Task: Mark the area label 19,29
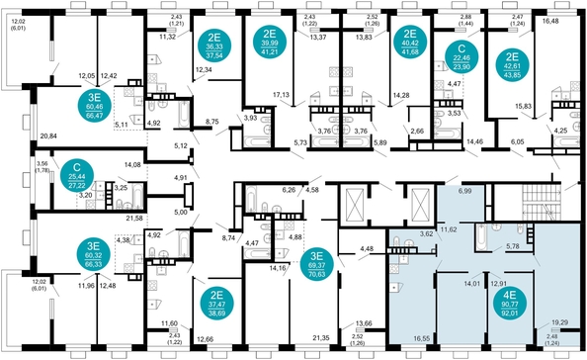559,322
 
